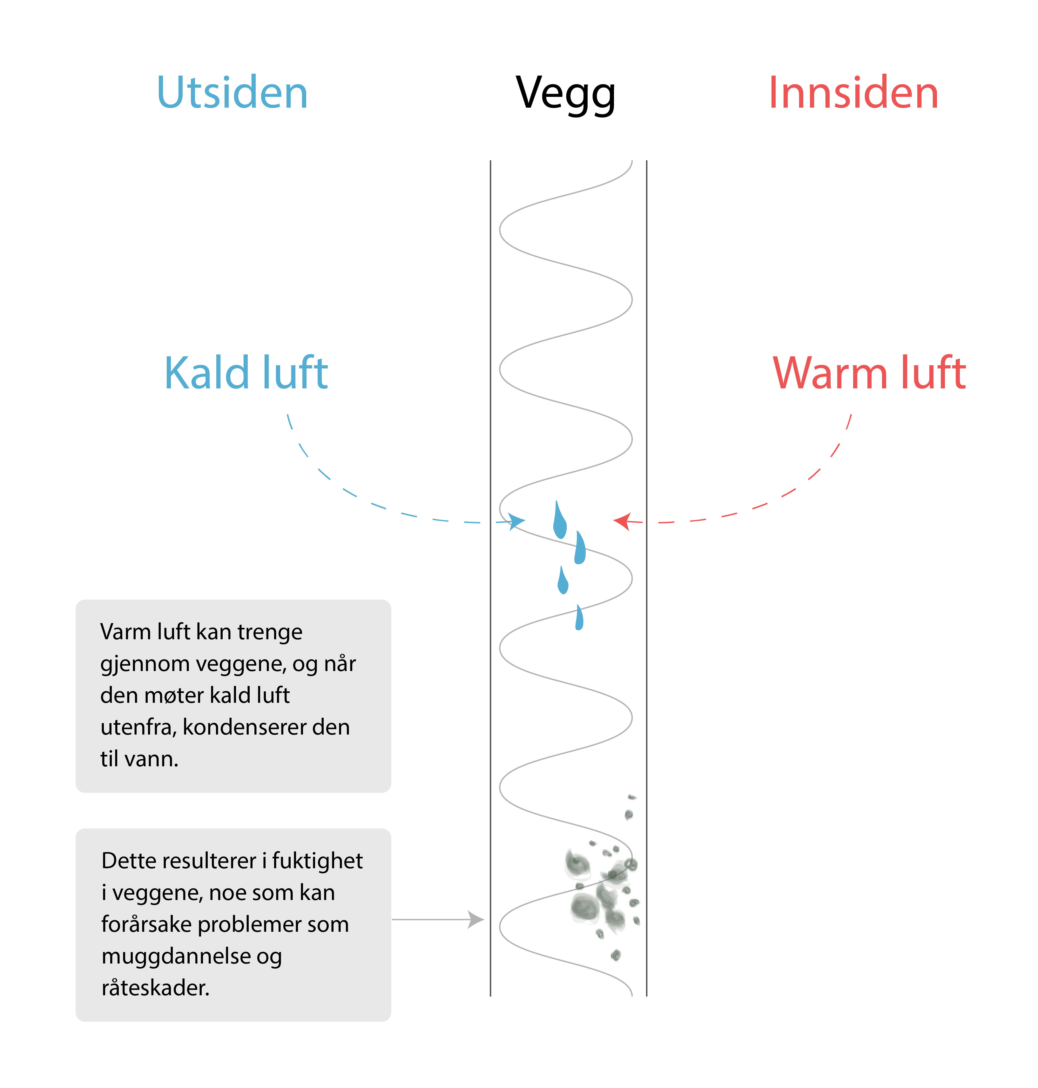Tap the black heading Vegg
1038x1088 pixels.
pyautogui.click(x=565, y=94)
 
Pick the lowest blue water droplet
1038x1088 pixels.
pyautogui.click(x=579, y=618)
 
